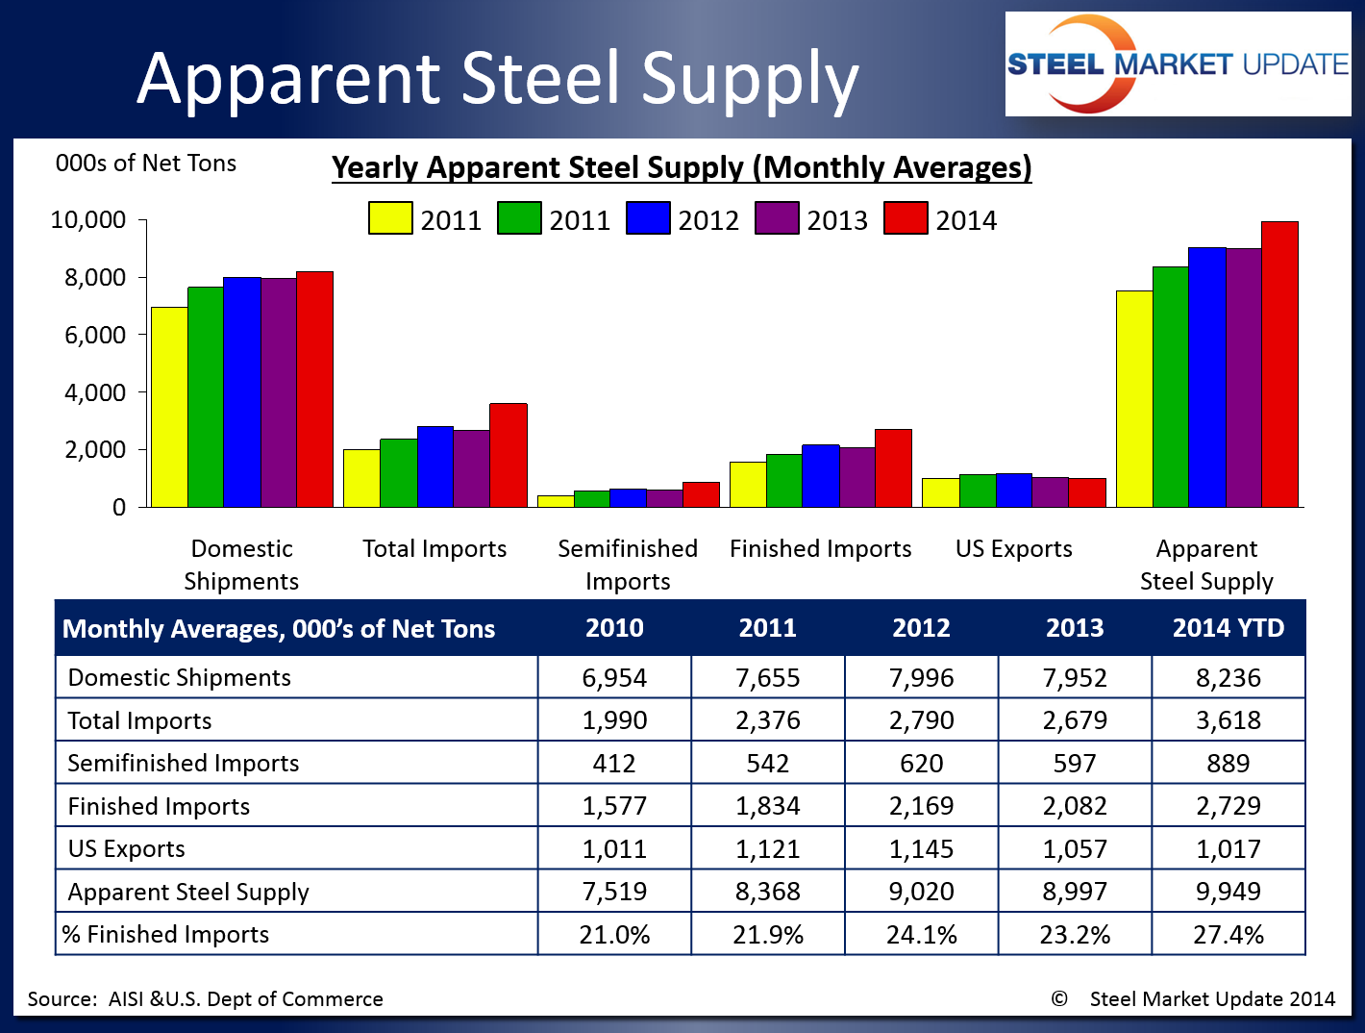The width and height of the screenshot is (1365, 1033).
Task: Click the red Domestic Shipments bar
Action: pos(314,390)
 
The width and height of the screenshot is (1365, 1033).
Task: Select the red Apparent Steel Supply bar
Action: pos(1279,365)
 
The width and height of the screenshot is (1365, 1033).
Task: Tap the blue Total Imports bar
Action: pos(434,466)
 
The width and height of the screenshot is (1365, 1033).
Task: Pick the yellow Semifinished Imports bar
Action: pos(555,501)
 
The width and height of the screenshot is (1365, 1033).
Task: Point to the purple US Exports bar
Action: pos(1051,492)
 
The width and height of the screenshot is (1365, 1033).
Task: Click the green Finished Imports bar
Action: pos(783,481)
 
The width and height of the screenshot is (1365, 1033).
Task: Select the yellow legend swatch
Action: pos(390,218)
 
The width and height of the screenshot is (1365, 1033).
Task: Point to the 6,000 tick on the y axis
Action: pos(95,335)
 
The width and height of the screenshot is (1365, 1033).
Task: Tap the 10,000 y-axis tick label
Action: pos(88,220)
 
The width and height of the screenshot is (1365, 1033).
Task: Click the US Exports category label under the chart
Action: pos(1013,548)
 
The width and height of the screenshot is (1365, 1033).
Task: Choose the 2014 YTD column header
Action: pos(1228,628)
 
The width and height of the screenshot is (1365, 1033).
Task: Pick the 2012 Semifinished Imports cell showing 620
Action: pos(921,764)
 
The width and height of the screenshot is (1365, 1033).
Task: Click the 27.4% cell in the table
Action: pos(1228,935)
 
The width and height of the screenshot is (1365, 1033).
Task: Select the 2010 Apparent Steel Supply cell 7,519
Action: pos(614,892)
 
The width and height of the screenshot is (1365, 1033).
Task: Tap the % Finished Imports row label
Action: pos(166,935)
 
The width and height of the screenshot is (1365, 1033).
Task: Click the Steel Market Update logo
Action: pos(1178,64)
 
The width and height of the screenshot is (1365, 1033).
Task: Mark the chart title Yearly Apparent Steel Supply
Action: pos(682,167)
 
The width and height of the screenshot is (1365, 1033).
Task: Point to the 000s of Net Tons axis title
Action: pos(145,164)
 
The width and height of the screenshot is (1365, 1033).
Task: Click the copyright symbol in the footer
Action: pos(1059,998)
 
